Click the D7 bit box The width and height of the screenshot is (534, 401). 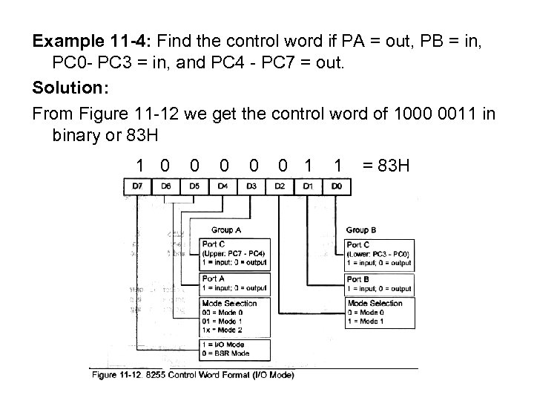(x=138, y=186)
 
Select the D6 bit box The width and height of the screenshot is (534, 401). (x=166, y=186)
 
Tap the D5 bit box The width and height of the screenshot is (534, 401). (x=194, y=186)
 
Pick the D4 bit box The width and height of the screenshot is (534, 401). (x=223, y=186)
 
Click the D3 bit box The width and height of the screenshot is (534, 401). (x=252, y=186)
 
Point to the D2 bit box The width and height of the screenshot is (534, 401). (x=280, y=186)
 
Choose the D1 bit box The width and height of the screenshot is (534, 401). (x=309, y=186)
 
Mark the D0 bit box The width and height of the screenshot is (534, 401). (x=337, y=186)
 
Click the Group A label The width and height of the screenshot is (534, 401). (x=227, y=230)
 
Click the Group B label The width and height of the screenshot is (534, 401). (x=362, y=230)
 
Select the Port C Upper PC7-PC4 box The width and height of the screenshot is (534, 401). (x=234, y=253)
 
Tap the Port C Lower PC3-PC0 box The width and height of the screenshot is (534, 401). (x=378, y=253)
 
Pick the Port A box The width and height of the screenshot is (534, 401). (x=234, y=283)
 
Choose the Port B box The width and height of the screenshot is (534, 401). (x=378, y=283)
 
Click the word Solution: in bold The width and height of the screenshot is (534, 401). (x=70, y=88)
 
